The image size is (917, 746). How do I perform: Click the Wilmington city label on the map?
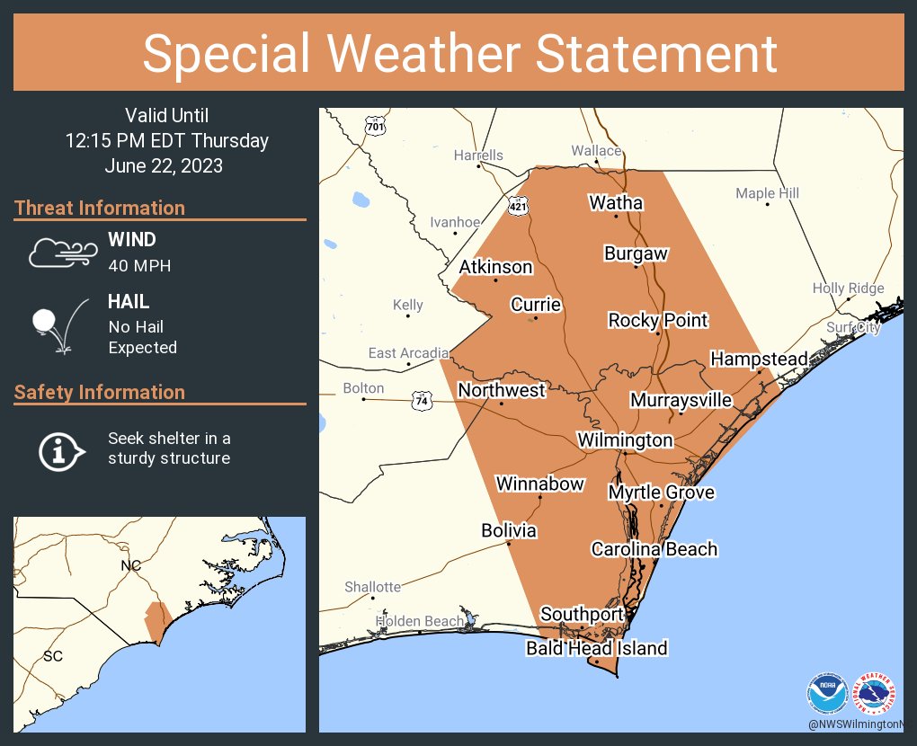click(x=625, y=440)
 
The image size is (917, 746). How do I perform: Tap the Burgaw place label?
click(x=636, y=253)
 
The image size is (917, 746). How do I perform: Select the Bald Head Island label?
click(x=596, y=648)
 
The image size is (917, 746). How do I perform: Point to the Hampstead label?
click(x=759, y=359)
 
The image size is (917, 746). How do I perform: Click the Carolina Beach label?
click(x=654, y=548)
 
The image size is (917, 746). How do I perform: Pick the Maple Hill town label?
click(x=767, y=193)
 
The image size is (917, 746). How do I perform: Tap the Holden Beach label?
click(x=420, y=621)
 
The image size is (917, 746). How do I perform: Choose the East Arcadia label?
click(x=407, y=353)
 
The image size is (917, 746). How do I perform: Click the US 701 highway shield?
click(x=375, y=127)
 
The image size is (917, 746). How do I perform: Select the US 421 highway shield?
click(x=519, y=206)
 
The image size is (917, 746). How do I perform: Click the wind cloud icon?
click(x=61, y=253)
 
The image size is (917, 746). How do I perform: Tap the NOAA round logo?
click(x=826, y=693)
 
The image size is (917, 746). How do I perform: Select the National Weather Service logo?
click(x=874, y=693)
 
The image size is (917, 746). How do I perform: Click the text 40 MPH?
click(x=138, y=265)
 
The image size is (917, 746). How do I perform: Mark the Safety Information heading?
click(x=100, y=392)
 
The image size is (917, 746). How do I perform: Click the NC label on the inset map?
click(x=131, y=565)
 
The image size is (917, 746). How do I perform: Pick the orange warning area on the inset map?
click(x=157, y=621)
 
